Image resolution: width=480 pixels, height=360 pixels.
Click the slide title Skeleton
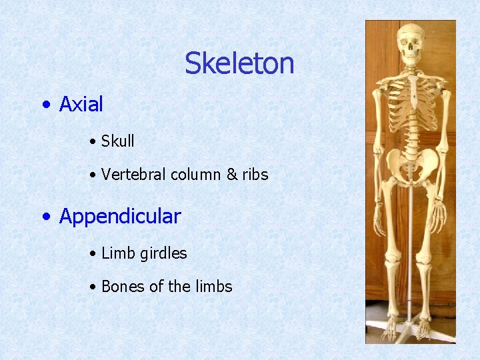click(x=239, y=63)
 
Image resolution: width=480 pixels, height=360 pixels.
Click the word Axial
click(x=81, y=104)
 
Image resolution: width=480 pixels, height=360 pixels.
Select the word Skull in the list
click(x=117, y=141)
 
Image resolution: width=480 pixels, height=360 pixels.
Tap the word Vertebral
click(x=133, y=175)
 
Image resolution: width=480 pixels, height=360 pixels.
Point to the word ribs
click(x=255, y=175)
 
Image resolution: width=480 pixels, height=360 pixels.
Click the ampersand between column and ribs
click(x=232, y=175)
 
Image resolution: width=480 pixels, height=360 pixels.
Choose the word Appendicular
click(x=120, y=216)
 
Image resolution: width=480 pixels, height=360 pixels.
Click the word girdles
click(x=164, y=253)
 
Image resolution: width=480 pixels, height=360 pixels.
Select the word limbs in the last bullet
click(x=214, y=287)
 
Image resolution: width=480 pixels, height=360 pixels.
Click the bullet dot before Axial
click(x=45, y=105)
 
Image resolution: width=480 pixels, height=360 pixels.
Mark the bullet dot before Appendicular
click(x=45, y=217)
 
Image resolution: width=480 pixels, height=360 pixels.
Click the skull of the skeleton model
click(x=411, y=43)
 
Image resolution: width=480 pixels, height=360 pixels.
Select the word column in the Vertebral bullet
click(x=196, y=175)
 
